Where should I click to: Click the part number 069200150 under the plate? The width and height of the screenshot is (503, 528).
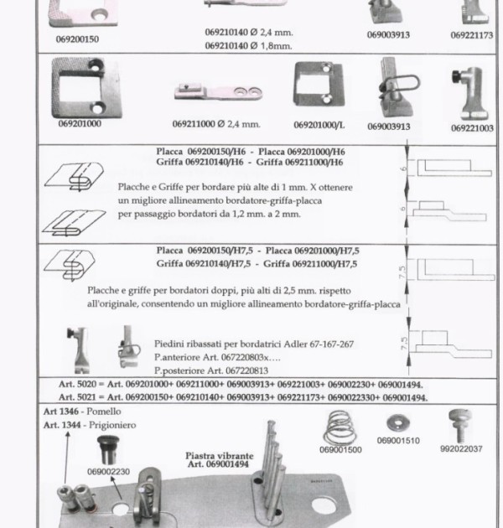click(x=77, y=39)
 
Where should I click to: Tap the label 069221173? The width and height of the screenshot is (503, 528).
click(x=472, y=35)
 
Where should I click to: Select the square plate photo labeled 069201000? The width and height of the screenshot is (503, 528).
click(x=86, y=87)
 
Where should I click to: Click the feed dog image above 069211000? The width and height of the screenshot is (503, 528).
click(x=218, y=92)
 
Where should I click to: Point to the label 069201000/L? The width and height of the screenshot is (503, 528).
click(x=319, y=125)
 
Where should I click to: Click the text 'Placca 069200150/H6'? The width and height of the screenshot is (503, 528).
click(x=201, y=152)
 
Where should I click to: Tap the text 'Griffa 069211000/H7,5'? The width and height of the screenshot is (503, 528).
click(x=310, y=264)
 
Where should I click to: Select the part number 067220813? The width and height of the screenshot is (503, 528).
click(x=246, y=370)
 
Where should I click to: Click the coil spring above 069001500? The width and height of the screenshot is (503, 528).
click(x=340, y=427)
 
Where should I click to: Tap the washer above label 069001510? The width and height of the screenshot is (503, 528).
click(x=398, y=423)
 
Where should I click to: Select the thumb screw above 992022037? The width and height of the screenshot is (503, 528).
click(x=460, y=426)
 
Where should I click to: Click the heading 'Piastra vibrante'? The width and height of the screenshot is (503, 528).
click(x=220, y=456)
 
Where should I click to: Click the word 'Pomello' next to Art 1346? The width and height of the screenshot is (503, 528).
click(x=104, y=412)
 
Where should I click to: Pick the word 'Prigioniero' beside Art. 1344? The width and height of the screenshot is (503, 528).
click(x=112, y=425)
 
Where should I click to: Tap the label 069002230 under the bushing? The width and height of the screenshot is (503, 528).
click(x=108, y=472)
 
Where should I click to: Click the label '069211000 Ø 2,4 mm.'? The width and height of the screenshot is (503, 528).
click(x=216, y=124)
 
